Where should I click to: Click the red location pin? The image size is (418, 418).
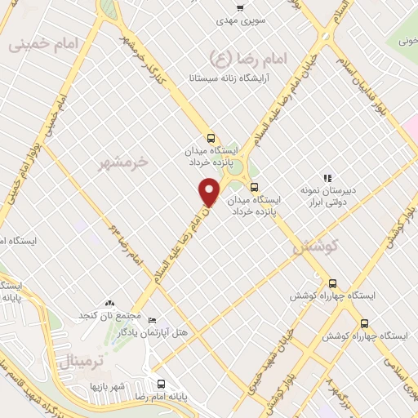pos(210,191)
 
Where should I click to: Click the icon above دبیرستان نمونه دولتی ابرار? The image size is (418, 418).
pos(327,177)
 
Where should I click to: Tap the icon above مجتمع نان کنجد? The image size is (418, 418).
pos(110,303)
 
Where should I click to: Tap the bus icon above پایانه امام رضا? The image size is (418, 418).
pos(160,382)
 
